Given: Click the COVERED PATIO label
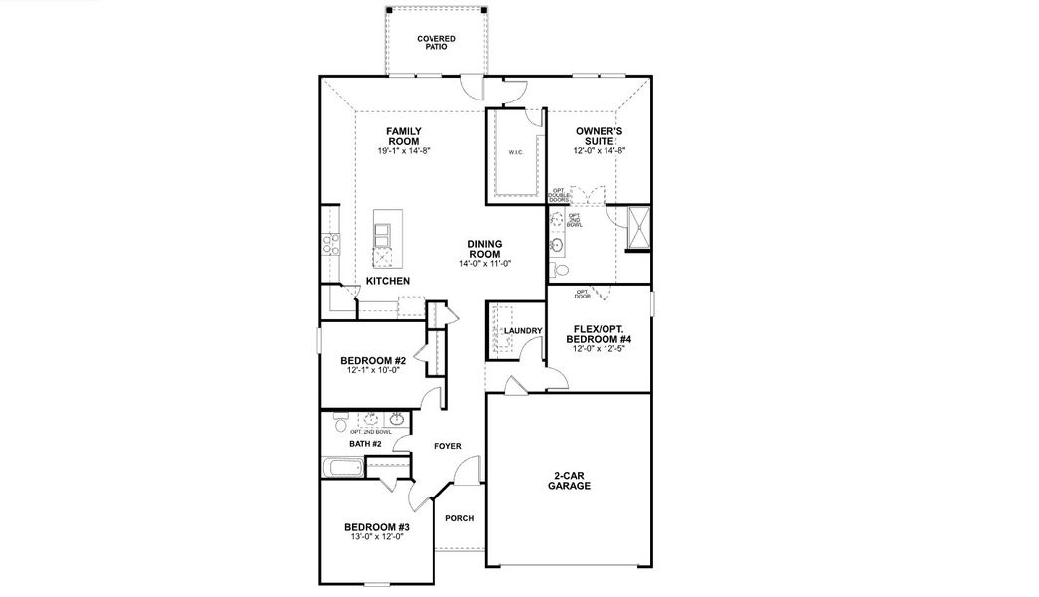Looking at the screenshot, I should click(x=436, y=42).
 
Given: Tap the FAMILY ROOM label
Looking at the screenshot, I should click(x=403, y=136).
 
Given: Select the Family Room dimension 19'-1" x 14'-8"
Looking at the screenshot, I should click(x=403, y=151).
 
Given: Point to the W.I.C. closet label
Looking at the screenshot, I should click(x=515, y=152).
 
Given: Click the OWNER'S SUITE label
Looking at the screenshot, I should click(x=600, y=136).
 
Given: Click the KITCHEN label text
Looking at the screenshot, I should click(x=387, y=282).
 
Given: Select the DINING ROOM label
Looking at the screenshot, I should click(x=485, y=249).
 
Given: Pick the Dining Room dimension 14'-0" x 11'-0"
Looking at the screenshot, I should click(x=485, y=264).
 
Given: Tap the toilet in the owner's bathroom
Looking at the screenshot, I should click(x=560, y=270).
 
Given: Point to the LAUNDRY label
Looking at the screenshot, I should click(x=522, y=331).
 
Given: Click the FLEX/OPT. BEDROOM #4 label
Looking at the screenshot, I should click(x=599, y=334).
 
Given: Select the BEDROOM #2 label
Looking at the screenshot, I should click(x=372, y=361).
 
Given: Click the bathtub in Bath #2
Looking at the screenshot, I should click(x=346, y=468).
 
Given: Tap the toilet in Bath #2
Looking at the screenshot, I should click(x=341, y=425).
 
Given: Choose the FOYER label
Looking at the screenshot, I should click(x=448, y=446).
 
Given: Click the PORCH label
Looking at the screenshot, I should click(x=459, y=518).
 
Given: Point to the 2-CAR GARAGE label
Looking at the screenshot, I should click(x=568, y=481).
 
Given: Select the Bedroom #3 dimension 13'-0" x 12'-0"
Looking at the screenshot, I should click(x=376, y=537).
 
